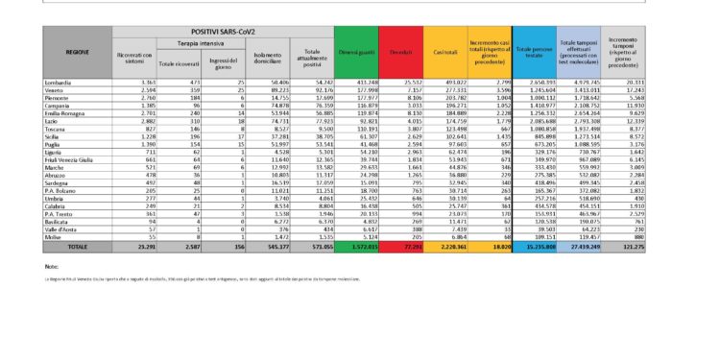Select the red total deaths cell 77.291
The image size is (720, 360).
pyautogui.click(x=403, y=247)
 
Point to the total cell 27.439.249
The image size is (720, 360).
pyautogui.click(x=583, y=247)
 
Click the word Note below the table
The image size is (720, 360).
pyautogui.click(x=52, y=266)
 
